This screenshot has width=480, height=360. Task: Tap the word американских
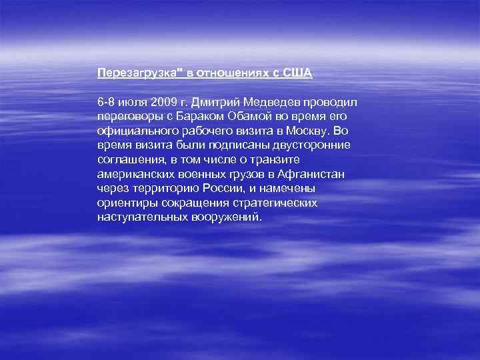pyautogui.click(x=134, y=175)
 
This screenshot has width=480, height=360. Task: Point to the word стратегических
pyautogui.click(x=272, y=203)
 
